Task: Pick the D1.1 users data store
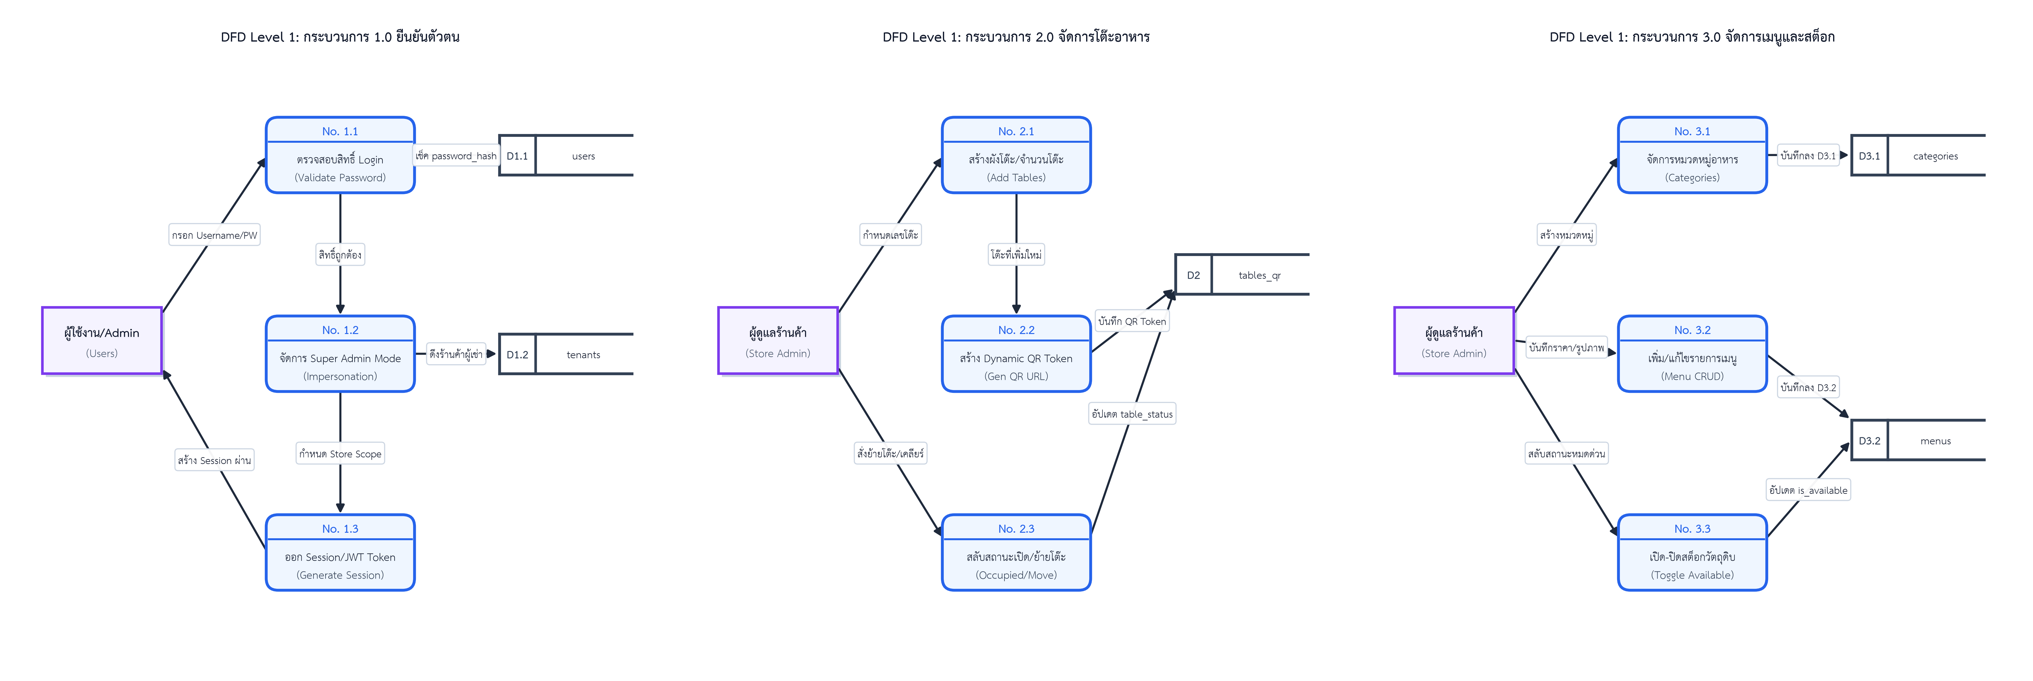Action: pos(566,155)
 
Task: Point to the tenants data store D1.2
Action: pos(566,354)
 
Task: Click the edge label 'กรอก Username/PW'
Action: pos(215,235)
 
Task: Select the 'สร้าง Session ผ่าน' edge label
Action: pos(215,460)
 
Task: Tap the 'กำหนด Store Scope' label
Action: pos(340,454)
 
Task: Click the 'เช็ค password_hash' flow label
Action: pos(456,155)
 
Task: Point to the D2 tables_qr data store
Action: pos(1242,275)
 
